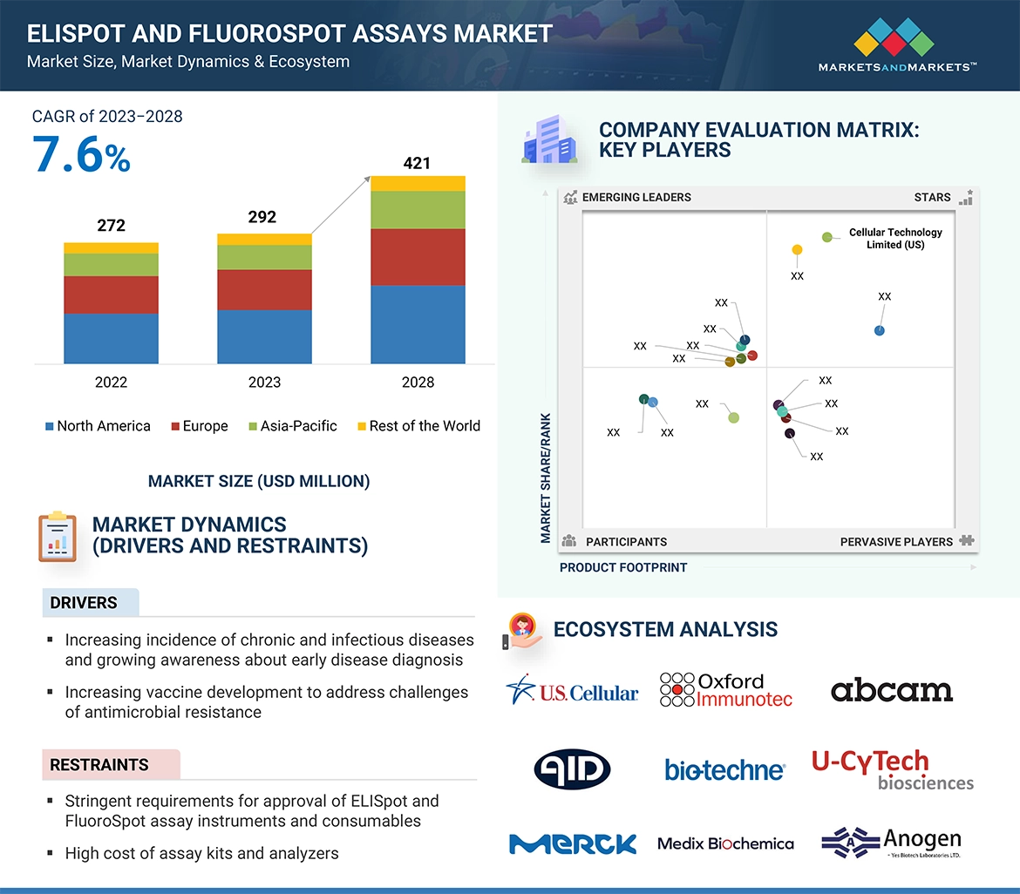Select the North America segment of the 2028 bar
coord(418,323)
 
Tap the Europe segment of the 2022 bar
coord(111,295)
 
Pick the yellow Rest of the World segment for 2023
coord(264,239)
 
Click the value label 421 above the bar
coord(417,163)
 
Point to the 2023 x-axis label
coord(264,382)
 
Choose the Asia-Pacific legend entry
coord(292,426)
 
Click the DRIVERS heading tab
coord(84,603)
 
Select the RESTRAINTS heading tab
coord(99,765)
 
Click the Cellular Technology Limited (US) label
coord(895,239)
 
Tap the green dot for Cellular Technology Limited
coord(827,237)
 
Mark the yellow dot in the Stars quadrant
coord(797,250)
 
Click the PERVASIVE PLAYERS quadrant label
coord(896,542)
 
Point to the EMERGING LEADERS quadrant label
coord(636,197)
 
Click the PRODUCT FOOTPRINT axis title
coord(623,567)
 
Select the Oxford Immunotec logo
coord(726,690)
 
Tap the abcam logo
coord(891,691)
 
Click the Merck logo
coord(573,843)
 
